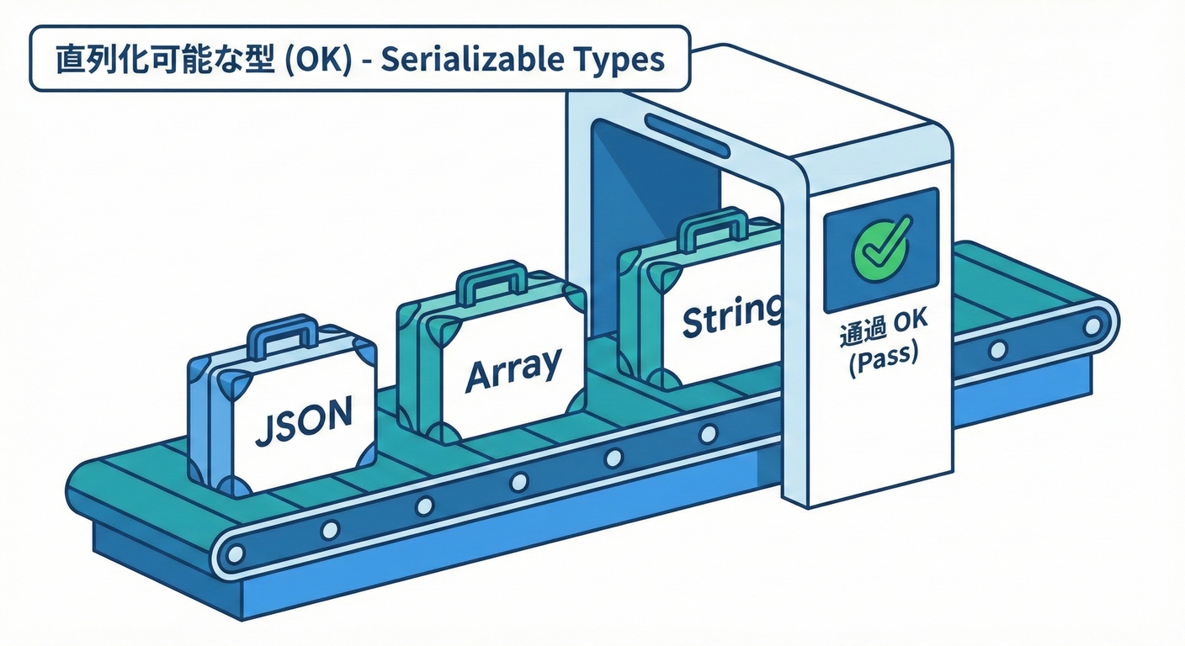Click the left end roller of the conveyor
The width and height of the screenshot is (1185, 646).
coord(236,553)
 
